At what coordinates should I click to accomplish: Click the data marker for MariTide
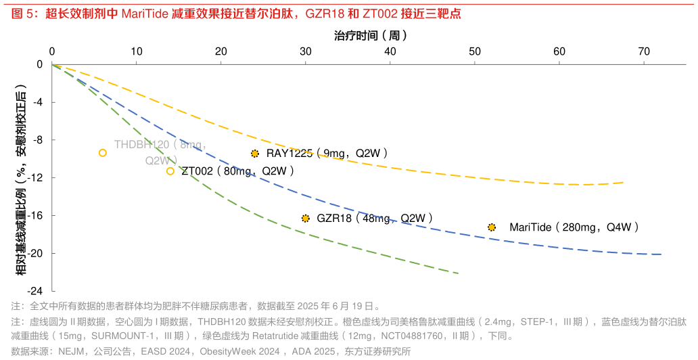[x=492, y=227]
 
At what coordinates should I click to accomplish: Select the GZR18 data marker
[x=306, y=218]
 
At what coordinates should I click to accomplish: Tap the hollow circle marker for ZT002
[x=170, y=171]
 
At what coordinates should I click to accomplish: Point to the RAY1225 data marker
[x=255, y=154]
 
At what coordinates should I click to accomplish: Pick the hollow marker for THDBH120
[x=103, y=153]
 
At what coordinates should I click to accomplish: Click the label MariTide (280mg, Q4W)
[x=574, y=227]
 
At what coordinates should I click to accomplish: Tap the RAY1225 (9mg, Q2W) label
[x=327, y=154]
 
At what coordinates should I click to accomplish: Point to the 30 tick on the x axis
[x=306, y=52]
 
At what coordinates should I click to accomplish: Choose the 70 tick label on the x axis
[x=643, y=52]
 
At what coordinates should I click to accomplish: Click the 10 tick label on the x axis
[x=137, y=52]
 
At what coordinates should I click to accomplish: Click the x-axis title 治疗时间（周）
[x=371, y=35]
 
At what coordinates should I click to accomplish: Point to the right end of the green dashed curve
[x=459, y=273]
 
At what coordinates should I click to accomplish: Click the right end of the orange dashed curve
[x=623, y=182]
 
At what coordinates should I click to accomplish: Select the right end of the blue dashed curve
[x=661, y=254]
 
